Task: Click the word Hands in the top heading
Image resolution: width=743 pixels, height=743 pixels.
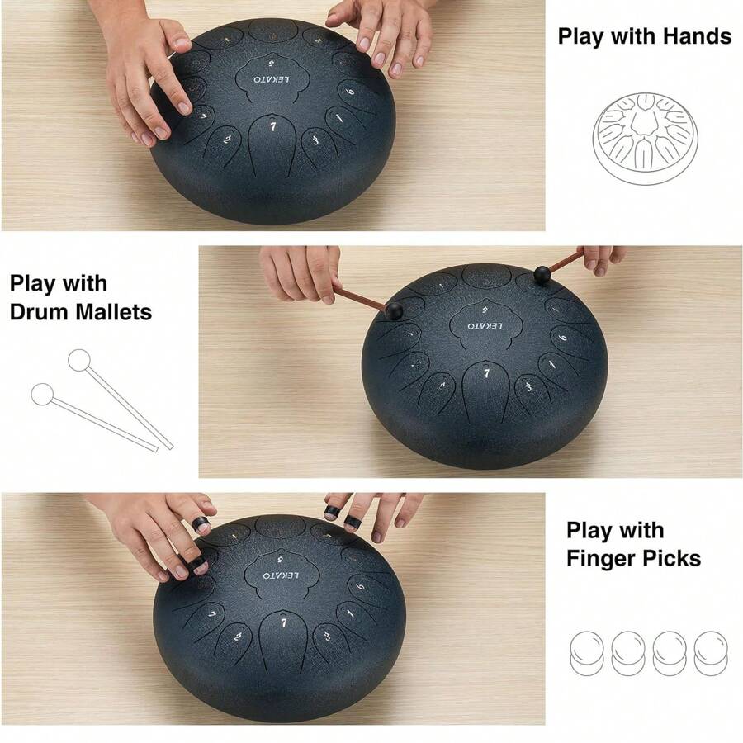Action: tap(691, 36)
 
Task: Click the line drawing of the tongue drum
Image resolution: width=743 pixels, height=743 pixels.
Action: tap(645, 133)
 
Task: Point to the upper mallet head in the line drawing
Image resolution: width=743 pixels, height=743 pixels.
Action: tap(79, 360)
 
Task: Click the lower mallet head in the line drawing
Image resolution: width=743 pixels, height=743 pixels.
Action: tap(42, 394)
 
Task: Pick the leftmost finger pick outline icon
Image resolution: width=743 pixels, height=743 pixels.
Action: tap(588, 651)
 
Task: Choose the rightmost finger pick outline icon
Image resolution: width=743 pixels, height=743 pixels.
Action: tap(711, 651)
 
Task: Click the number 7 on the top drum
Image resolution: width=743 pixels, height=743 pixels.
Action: tap(274, 127)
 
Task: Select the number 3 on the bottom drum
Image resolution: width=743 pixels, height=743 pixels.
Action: tap(328, 635)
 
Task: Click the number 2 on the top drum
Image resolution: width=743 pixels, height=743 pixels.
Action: tap(227, 140)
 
